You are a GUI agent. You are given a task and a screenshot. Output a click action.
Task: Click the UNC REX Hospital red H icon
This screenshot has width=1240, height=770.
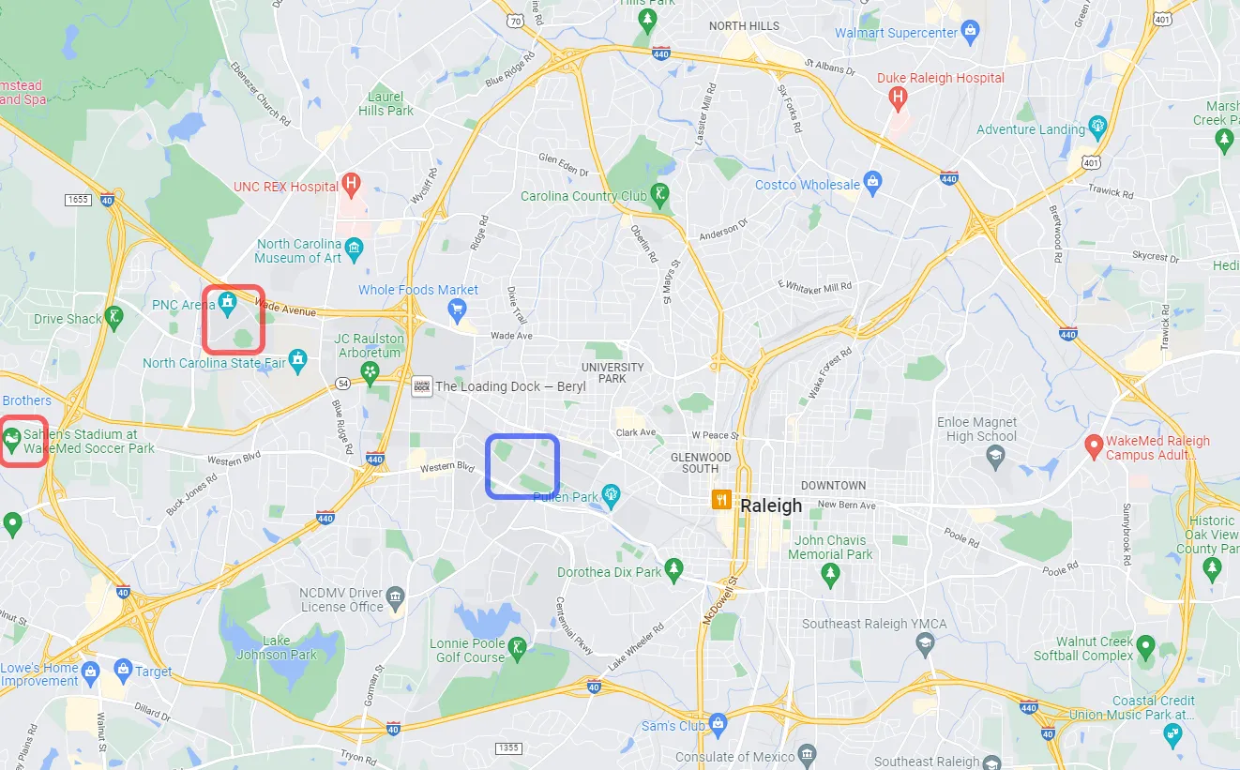point(351,184)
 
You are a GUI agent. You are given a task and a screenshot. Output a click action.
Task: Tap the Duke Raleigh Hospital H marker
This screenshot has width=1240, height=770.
point(898,97)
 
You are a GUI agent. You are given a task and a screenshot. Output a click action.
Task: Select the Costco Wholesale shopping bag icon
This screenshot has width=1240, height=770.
point(872,184)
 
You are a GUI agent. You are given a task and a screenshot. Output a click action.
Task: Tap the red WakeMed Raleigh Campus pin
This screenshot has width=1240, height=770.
point(1092,445)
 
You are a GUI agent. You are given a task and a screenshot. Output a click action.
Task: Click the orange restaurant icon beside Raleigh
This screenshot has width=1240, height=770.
point(721,499)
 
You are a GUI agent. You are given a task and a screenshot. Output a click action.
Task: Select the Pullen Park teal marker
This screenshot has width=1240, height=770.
point(612,493)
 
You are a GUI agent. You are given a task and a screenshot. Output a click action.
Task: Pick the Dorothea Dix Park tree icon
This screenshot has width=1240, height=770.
point(673,569)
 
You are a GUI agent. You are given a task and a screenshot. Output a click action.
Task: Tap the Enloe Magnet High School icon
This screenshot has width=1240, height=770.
point(994,456)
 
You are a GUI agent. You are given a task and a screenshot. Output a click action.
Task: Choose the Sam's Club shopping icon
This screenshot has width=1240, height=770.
point(718,723)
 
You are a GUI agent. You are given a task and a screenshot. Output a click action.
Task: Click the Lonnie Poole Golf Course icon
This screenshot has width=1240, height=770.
point(516,646)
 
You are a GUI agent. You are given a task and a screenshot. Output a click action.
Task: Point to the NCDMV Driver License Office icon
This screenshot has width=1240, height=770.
point(395,596)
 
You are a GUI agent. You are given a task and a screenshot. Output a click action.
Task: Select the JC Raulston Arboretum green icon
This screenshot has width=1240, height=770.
point(370,372)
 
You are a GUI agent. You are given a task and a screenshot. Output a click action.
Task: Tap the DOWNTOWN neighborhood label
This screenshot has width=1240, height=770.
point(833,485)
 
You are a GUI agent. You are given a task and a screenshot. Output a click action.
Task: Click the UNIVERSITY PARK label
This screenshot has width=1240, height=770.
point(612,372)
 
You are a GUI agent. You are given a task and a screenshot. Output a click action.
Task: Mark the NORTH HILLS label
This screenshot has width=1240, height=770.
point(744,25)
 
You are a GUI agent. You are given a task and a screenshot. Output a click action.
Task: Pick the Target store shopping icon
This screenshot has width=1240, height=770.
point(122,669)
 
